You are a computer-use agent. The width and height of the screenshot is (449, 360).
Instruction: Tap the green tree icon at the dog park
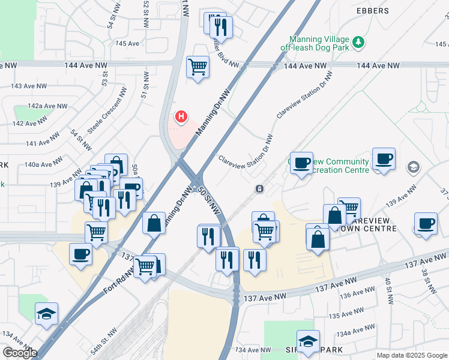pos(358,41)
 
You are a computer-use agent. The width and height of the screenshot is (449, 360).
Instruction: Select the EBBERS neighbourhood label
pos(372,11)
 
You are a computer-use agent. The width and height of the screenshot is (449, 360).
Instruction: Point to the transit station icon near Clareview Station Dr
pos(259,189)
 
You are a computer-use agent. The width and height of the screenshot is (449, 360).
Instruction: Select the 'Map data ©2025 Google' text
pos(411,355)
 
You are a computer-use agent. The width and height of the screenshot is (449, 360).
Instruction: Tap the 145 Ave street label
pos(127,43)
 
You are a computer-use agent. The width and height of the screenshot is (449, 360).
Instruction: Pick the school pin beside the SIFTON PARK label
pos(308,341)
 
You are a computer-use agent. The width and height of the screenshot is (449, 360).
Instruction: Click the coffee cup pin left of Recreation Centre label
pos(301,162)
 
